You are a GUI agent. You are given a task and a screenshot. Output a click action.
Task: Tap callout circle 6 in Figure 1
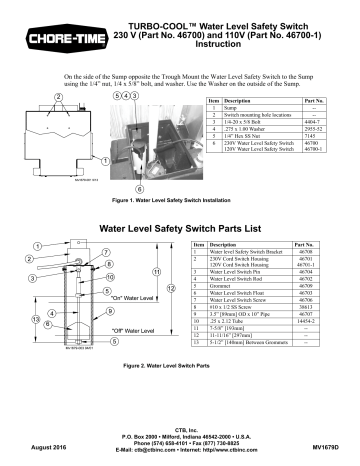pyautogui.click(x=111, y=187)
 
